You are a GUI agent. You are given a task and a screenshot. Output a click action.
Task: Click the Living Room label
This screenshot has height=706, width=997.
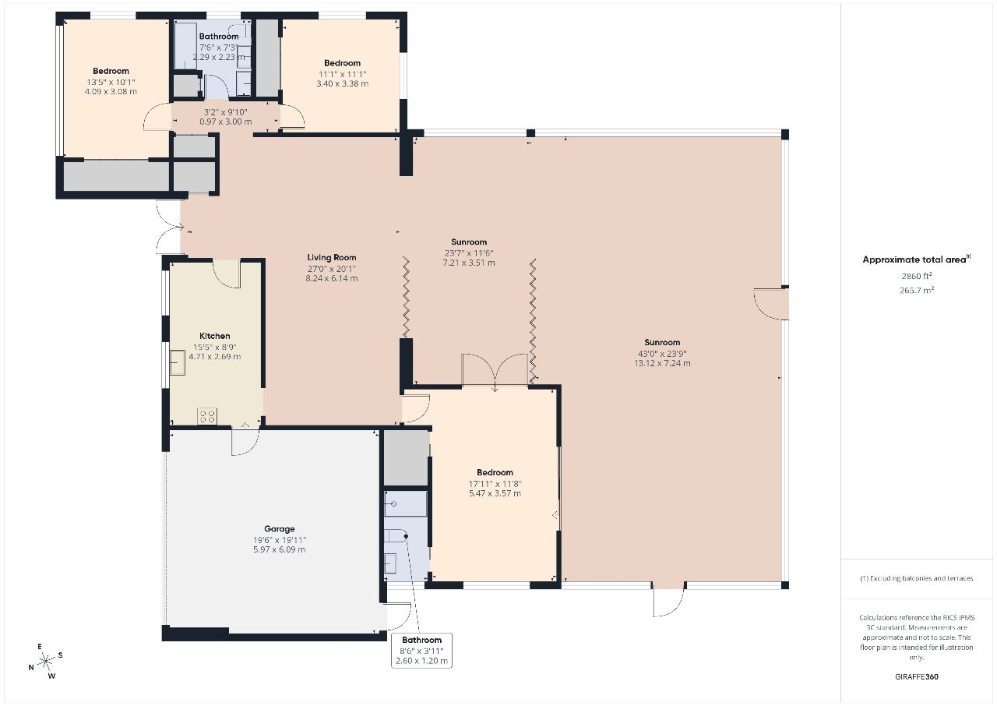tap(332, 257)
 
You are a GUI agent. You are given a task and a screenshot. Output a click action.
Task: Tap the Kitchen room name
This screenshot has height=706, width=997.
tap(214, 336)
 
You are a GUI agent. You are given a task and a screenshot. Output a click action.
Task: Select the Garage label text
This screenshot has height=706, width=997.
tap(279, 529)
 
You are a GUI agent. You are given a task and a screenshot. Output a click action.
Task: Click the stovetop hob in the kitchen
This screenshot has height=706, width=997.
tap(207, 416)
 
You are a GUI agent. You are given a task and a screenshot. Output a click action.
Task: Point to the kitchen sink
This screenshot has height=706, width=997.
tap(177, 362)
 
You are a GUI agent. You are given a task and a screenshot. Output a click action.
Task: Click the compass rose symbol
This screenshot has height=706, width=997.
tap(45, 662)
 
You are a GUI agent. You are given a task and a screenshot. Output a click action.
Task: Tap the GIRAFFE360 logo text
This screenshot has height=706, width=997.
tap(917, 677)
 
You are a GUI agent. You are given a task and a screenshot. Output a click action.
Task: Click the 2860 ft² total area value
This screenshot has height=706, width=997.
tap(917, 276)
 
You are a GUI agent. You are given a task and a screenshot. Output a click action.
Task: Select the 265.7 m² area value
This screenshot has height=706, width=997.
tap(917, 290)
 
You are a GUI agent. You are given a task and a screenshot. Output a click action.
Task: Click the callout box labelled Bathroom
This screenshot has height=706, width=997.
tap(421, 650)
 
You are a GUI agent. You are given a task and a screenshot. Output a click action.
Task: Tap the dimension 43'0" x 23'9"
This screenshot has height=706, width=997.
tap(662, 354)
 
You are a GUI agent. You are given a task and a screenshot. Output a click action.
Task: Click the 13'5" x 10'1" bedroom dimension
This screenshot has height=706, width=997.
tap(111, 83)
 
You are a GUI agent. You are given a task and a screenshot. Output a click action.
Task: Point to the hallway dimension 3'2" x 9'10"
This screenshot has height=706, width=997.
tap(225, 113)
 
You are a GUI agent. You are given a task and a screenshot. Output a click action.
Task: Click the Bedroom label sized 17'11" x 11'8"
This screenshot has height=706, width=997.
tap(495, 472)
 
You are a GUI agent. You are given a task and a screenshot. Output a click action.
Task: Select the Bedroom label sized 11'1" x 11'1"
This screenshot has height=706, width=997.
tap(342, 63)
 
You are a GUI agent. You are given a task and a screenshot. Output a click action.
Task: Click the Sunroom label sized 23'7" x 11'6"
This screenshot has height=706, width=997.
tap(469, 242)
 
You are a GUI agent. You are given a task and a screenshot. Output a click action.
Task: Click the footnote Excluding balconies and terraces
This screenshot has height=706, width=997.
tap(917, 578)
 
